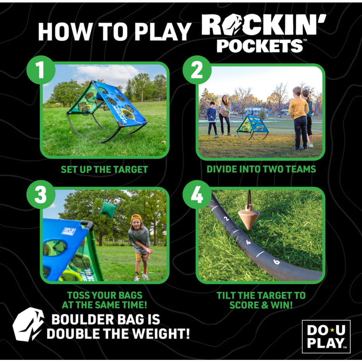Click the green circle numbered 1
(41, 70)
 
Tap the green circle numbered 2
(197, 70)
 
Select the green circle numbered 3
(41, 194)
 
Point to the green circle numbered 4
(197, 194)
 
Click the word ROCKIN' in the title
(263, 25)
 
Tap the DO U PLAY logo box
(326, 336)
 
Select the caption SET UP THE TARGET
(104, 169)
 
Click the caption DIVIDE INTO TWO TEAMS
(261, 169)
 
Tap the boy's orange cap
(136, 217)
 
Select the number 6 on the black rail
(276, 262)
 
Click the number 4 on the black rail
(248, 243)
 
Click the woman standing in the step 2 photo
(224, 115)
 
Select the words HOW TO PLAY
(115, 32)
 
